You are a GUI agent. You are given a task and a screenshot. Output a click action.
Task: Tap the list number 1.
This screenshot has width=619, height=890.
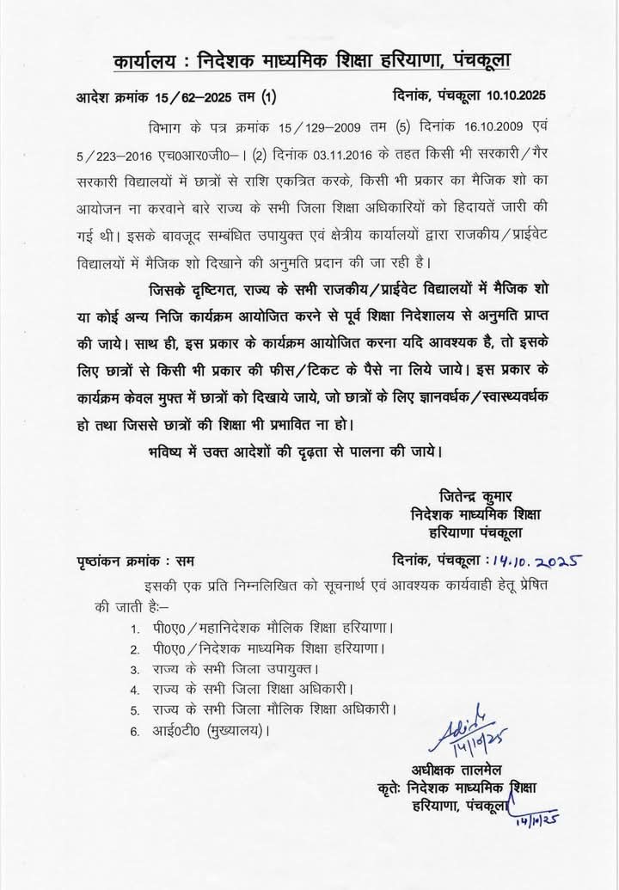point(135,627)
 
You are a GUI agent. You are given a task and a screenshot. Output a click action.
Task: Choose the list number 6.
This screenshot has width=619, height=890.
point(135,733)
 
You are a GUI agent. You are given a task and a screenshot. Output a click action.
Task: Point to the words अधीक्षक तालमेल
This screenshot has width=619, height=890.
point(451,770)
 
